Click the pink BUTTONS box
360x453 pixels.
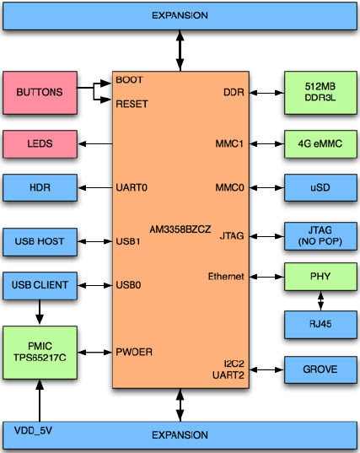click(39, 94)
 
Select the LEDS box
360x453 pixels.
click(39, 144)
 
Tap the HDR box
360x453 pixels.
click(40, 187)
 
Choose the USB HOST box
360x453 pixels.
click(39, 241)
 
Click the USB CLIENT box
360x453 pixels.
click(40, 285)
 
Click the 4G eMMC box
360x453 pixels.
click(320, 143)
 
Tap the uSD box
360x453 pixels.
click(320, 187)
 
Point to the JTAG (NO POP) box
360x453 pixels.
click(320, 235)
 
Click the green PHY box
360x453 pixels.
click(320, 276)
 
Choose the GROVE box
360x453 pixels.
click(320, 369)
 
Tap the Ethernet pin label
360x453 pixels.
click(225, 276)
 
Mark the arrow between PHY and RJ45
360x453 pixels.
click(320, 299)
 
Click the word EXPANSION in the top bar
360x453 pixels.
click(179, 16)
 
